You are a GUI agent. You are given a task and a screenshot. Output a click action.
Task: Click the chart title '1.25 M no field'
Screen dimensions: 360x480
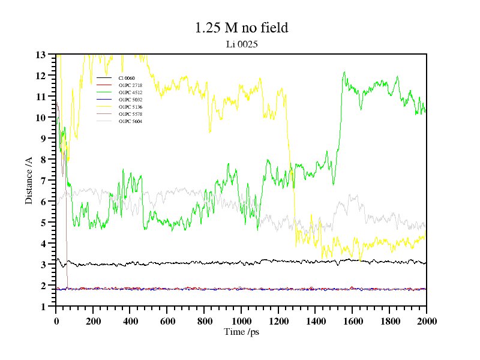(241, 28)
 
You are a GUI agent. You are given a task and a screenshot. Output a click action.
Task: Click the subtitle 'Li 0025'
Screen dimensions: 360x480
(241, 44)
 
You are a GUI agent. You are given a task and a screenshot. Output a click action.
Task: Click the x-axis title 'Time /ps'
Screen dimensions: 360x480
(241, 332)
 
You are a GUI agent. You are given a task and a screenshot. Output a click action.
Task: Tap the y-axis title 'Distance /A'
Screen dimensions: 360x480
(28, 180)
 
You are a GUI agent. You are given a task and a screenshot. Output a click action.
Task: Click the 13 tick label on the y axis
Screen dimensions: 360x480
(41, 55)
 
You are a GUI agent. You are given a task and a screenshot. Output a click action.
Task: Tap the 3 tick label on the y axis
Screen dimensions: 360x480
(44, 265)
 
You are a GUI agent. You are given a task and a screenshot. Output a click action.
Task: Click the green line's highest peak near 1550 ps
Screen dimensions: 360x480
(344, 72)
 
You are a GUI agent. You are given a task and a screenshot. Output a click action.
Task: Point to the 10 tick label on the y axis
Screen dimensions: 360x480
(41, 118)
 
